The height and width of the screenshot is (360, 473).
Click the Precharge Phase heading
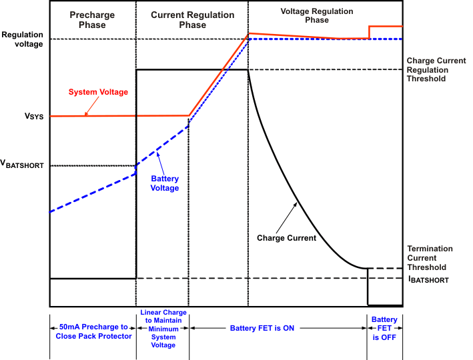click(92, 19)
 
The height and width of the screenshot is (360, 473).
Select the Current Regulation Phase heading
click(192, 19)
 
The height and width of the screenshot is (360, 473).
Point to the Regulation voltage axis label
click(22, 39)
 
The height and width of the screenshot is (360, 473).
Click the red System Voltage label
click(99, 92)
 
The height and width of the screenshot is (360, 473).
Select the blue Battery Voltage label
click(165, 183)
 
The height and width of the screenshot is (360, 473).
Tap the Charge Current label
click(286, 237)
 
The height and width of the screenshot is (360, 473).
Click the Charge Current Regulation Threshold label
click(434, 69)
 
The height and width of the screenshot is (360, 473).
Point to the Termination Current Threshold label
click(430, 258)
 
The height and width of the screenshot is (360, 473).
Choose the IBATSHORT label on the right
click(429, 280)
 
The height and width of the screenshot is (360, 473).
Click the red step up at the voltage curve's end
click(370, 32)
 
